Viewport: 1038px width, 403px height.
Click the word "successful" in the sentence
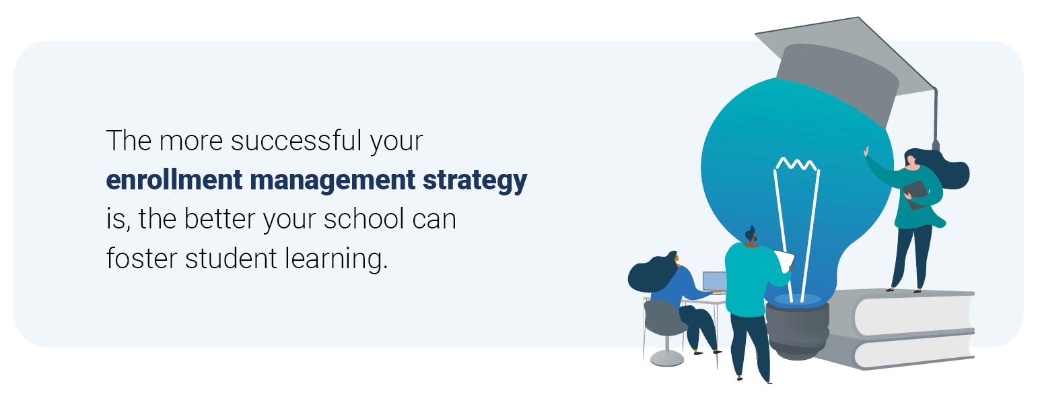point(296,140)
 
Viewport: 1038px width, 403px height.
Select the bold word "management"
point(333,181)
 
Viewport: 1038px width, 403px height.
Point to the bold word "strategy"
point(475,181)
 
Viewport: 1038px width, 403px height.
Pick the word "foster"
point(142,258)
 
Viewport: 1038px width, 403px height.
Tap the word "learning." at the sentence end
point(336,259)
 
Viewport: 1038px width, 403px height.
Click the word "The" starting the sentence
point(129,140)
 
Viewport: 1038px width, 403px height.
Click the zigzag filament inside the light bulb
point(796,164)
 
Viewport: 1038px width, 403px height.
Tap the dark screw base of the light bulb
point(797,330)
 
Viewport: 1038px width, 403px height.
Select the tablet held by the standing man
point(784,260)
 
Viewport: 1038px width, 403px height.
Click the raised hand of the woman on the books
point(866,151)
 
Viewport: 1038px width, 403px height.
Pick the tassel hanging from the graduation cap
point(935,120)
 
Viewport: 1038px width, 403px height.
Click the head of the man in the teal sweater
point(751,235)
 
